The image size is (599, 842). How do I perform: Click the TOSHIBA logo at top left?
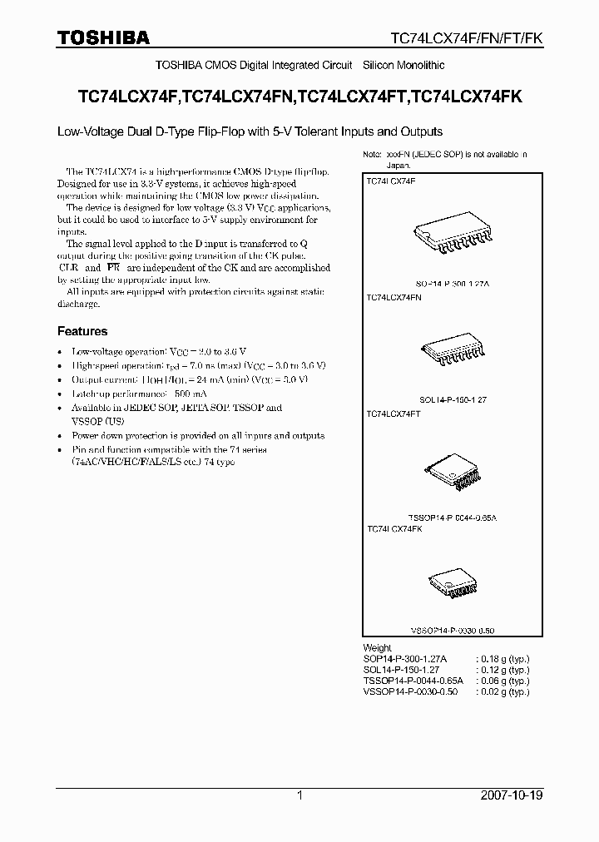coord(102,37)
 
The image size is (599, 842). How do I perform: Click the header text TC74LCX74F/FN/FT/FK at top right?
coord(468,38)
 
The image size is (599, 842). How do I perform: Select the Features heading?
coord(82,331)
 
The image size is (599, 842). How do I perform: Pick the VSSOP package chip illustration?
coord(452,587)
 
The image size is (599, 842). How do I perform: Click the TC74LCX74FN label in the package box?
coord(394,297)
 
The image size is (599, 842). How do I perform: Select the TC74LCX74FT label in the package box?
coord(394,414)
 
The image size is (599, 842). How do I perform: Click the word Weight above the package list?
coord(377,647)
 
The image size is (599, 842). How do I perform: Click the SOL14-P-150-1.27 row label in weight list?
coord(401,669)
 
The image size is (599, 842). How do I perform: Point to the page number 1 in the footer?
coord(299,795)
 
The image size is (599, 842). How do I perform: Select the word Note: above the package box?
coord(373,155)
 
